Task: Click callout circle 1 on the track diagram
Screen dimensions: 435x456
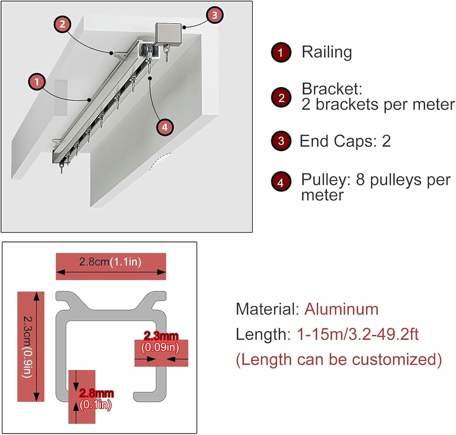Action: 37,82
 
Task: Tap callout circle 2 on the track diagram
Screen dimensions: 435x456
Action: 62,24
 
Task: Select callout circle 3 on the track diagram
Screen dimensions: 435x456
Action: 215,15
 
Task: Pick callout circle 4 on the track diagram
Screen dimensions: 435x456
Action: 165,127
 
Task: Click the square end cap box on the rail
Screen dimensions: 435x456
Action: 168,34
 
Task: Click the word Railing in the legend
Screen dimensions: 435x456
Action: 326,52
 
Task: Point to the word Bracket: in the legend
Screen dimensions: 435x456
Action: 332,89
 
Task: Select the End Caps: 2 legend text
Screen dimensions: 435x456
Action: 345,141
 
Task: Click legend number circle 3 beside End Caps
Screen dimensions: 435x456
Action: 281,141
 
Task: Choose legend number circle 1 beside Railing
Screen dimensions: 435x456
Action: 281,52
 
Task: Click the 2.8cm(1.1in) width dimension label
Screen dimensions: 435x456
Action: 110,262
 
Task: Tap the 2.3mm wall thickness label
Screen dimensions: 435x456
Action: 161,336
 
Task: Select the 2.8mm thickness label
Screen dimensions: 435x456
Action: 96,393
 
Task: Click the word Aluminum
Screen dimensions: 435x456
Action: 341,309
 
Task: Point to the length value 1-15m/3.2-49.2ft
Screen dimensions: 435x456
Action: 358,334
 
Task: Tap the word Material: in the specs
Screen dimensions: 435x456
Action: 268,309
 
